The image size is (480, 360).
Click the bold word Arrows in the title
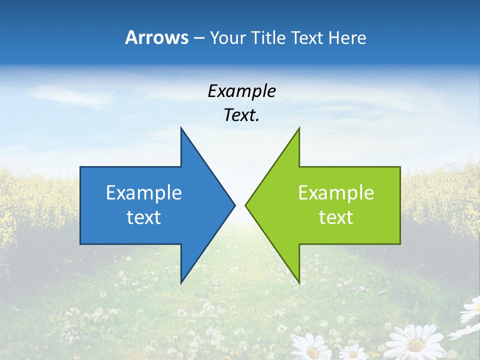point(156,37)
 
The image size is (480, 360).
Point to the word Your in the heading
point(228,38)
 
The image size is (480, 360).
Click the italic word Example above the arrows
point(241,91)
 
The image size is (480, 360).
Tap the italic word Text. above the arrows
point(241,115)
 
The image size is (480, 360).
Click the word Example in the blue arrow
point(144,192)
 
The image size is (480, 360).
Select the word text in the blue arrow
point(144,217)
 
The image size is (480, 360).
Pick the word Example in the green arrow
point(336,192)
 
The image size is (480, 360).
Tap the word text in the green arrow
point(336,217)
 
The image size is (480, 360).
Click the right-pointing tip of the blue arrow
point(235,205)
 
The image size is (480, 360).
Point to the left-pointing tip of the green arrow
point(245,205)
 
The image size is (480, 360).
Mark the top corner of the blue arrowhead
point(181,128)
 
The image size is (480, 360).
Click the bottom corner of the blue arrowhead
point(181,283)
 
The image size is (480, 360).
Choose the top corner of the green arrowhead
point(299,128)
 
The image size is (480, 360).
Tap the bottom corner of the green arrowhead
point(299,283)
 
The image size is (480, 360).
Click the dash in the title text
point(198,38)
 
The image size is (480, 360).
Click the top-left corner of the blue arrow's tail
point(80,167)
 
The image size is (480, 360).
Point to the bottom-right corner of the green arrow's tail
point(400,244)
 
